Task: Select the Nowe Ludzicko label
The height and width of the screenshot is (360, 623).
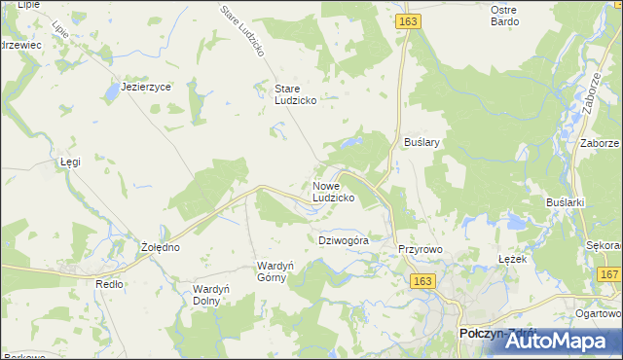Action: [333, 192]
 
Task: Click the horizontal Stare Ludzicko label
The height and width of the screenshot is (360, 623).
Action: [294, 94]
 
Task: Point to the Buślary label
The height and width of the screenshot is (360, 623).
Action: [422, 142]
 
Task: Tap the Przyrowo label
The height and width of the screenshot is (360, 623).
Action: [421, 250]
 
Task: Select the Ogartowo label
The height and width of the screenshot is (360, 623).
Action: [598, 313]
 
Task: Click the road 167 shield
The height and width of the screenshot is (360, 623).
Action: [609, 275]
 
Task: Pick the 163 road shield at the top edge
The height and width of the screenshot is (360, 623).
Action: [408, 19]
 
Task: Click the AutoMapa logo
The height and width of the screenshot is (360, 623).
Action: [553, 342]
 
